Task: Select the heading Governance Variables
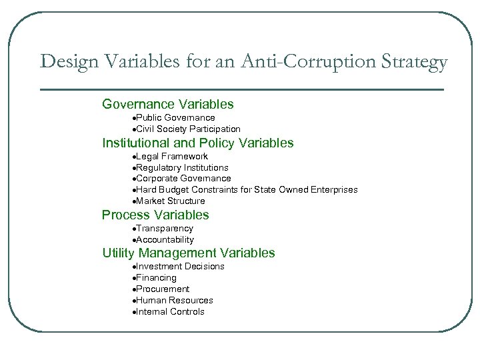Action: point(168,104)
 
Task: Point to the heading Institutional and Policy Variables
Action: point(197,143)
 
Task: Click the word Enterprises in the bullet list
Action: point(332,190)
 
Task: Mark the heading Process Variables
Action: point(155,215)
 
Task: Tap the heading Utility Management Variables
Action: point(188,253)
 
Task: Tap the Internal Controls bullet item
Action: point(170,312)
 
